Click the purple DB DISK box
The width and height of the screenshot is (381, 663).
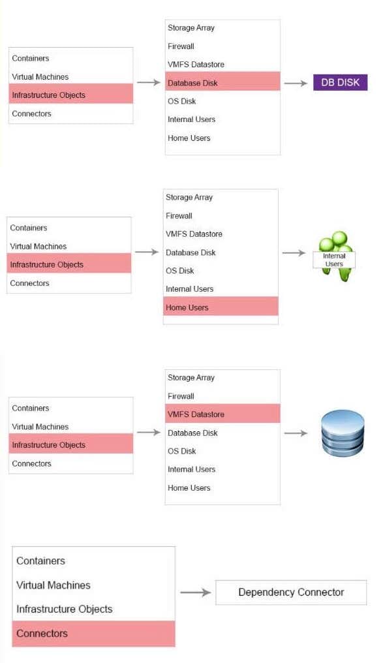341,82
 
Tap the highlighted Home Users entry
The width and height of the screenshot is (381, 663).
221,306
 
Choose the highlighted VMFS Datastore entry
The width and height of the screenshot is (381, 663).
222,414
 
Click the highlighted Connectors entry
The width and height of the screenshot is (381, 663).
93,634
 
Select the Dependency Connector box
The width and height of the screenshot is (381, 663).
291,593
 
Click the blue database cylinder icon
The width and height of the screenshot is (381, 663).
343,433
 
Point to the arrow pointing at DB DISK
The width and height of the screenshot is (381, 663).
296,84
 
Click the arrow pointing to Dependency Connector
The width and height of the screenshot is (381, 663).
195,593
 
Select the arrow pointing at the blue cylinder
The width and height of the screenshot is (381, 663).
296,433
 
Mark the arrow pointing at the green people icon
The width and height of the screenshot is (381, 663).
294,253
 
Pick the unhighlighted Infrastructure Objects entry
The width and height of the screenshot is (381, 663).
65,609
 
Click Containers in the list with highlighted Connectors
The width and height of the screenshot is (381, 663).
40,561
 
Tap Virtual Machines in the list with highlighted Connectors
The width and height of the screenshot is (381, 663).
53,585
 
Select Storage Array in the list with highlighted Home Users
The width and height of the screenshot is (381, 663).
189,198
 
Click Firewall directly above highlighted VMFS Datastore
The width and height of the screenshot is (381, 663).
181,396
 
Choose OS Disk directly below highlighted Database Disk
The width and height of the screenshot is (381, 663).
182,101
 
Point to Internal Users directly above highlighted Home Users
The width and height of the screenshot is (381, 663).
189,289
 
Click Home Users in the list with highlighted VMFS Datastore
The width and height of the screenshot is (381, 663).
189,487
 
